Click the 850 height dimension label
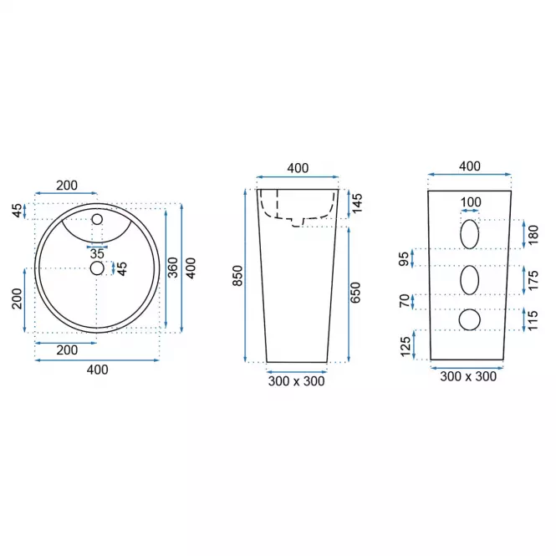tap(237, 276)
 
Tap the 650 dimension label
tap(355, 293)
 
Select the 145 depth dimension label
tap(357, 203)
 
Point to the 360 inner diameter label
tap(172, 268)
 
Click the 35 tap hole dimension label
tap(97, 253)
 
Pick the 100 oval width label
tap(471, 202)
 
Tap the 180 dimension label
tap(533, 235)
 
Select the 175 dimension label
tap(533, 280)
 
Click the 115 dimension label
tap(533, 320)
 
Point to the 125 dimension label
tap(406, 346)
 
